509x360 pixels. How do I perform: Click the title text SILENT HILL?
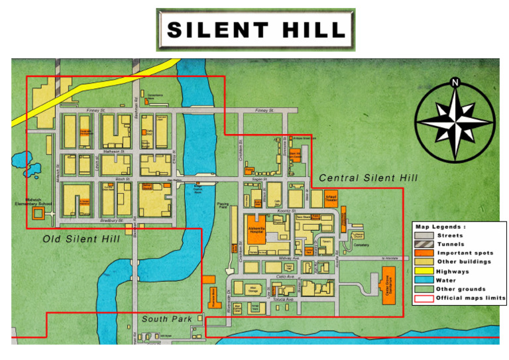coord(256,30)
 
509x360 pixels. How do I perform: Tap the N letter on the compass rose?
coord(455,83)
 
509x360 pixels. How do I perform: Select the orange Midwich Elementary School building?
coord(39,213)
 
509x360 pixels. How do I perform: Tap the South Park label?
coord(166,319)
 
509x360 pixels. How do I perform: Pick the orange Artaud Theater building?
coord(332,199)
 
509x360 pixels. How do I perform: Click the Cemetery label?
coord(361,245)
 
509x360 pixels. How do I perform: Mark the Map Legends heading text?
coord(441,227)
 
